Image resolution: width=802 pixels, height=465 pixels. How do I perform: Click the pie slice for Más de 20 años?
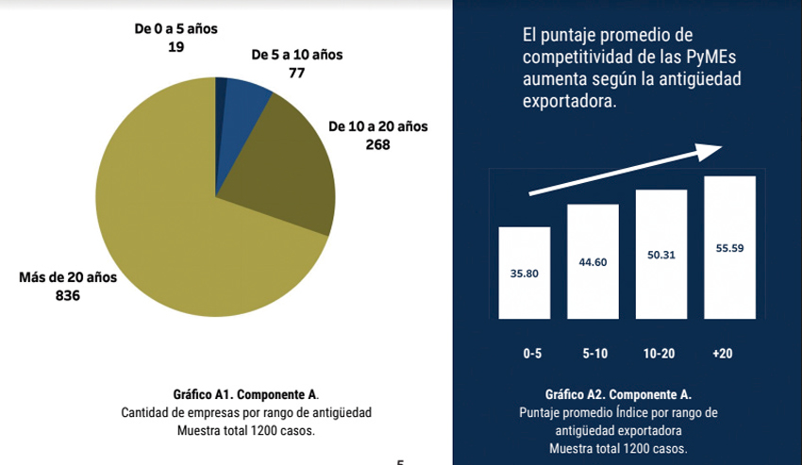(x=170, y=236)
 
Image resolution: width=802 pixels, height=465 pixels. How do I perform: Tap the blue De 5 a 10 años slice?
(x=244, y=95)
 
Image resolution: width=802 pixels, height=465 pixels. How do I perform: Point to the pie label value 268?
(x=377, y=144)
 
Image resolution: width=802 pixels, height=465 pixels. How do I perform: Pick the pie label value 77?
(x=297, y=72)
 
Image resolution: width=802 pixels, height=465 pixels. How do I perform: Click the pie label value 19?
(x=175, y=45)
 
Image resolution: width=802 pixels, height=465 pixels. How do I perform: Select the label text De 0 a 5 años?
(x=175, y=28)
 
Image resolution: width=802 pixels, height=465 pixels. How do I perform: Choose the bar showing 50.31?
(x=661, y=254)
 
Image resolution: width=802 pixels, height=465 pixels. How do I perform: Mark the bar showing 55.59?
(x=729, y=247)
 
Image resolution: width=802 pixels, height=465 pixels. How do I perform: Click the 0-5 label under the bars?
(x=533, y=354)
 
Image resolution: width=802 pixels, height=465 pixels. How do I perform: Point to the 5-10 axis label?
(x=596, y=354)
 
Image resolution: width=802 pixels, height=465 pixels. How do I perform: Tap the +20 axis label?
(x=723, y=354)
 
